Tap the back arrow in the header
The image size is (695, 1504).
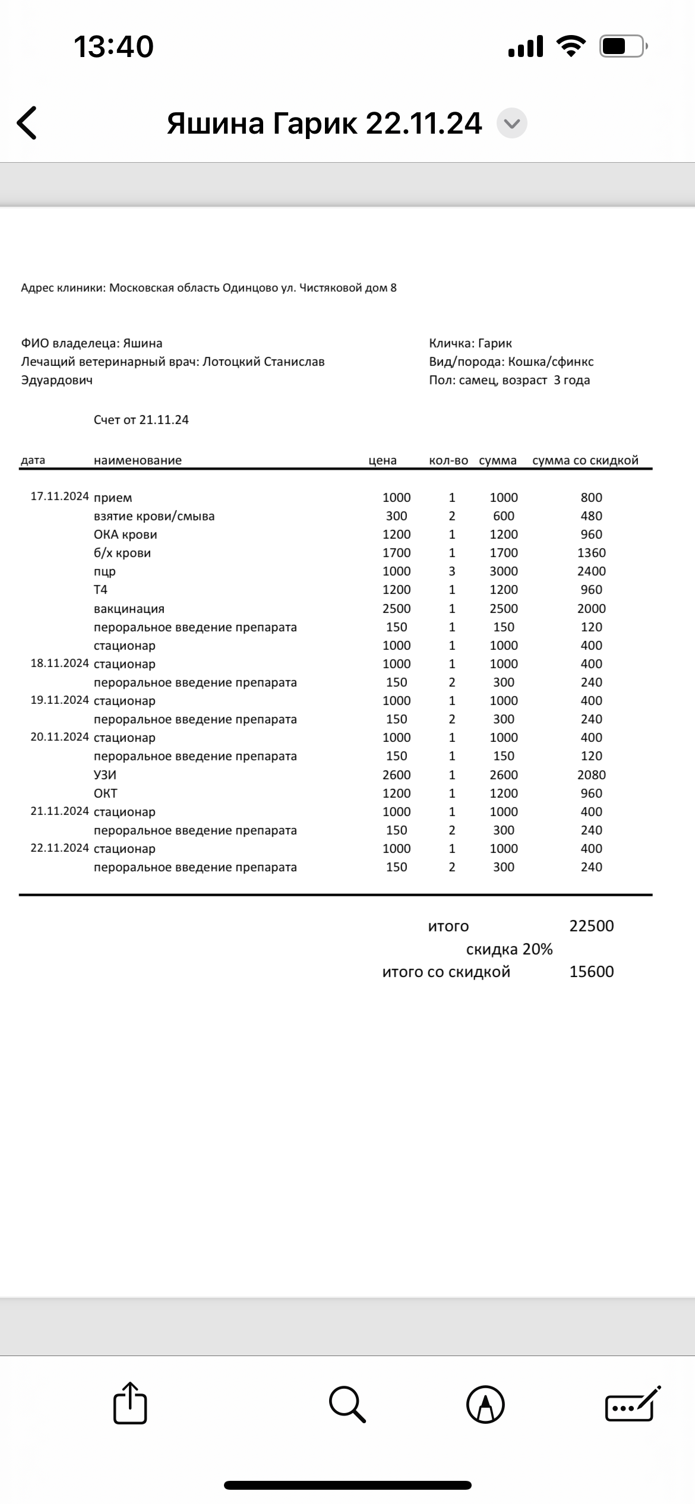[x=27, y=123]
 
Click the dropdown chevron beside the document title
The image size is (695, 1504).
[x=511, y=124]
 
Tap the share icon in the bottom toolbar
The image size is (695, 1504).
[x=130, y=1404]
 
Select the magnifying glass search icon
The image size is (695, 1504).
[x=347, y=1404]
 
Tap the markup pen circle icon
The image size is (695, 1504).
[x=485, y=1405]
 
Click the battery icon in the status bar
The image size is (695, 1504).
[x=623, y=46]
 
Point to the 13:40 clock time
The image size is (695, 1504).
[x=113, y=46]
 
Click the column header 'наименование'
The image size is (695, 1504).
[x=138, y=460]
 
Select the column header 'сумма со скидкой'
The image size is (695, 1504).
[x=585, y=460]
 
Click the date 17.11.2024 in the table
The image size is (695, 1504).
[x=60, y=497]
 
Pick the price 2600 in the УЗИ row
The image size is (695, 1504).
[x=396, y=775]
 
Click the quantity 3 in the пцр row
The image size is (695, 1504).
[x=452, y=571]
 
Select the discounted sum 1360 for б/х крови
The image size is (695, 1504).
[x=591, y=552]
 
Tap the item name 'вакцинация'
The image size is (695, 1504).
[x=129, y=608]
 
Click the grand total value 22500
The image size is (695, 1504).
[x=591, y=926]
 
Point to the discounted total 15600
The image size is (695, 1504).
[x=591, y=972]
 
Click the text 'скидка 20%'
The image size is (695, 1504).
[x=509, y=949]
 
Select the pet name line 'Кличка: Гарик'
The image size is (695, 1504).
[x=470, y=343]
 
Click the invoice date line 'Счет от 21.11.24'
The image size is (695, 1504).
[x=141, y=420]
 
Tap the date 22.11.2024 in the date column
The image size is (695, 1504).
[x=60, y=848]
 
